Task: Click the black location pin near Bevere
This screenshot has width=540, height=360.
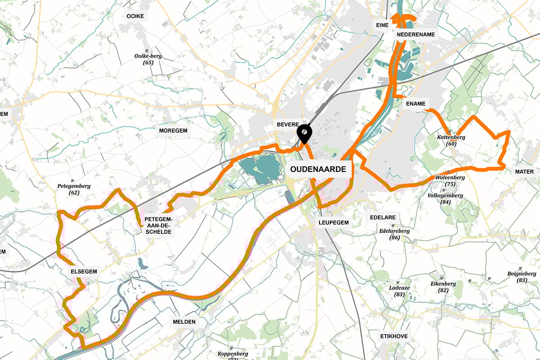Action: (x=305, y=133)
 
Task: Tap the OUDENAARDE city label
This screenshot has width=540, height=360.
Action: (x=319, y=170)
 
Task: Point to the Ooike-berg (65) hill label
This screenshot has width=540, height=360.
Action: (x=148, y=59)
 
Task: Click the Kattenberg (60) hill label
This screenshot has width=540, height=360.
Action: (x=451, y=140)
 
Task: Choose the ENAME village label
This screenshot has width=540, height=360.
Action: (x=415, y=103)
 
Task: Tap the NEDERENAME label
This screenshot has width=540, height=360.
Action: (x=415, y=35)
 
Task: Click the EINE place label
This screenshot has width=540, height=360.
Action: (x=382, y=26)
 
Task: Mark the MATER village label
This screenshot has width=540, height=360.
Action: (x=524, y=172)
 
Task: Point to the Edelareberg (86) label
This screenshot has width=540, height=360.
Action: (x=395, y=234)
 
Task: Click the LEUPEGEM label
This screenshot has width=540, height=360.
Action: (x=333, y=222)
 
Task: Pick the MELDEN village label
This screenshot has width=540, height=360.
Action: (x=184, y=322)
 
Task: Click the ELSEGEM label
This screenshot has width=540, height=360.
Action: (x=84, y=272)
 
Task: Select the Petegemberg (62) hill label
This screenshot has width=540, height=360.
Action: (x=74, y=189)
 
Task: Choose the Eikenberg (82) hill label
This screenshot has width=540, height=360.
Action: (x=443, y=287)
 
